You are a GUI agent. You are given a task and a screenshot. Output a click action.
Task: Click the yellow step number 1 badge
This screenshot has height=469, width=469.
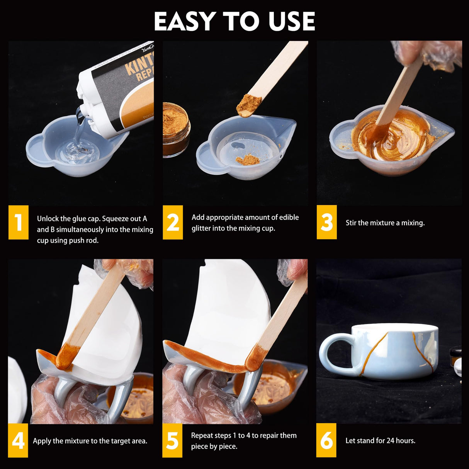coord(18,222)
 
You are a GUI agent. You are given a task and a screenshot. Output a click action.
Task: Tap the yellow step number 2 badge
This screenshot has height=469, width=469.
coord(173,222)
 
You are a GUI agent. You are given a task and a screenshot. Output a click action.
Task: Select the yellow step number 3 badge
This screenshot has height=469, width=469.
coord(326,222)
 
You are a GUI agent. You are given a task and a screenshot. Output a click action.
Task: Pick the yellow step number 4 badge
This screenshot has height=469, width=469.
coord(18,440)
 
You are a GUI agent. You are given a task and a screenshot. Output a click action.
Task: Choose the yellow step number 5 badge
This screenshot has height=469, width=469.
coord(172,440)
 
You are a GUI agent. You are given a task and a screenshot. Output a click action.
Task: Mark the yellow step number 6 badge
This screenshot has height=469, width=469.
coord(326,440)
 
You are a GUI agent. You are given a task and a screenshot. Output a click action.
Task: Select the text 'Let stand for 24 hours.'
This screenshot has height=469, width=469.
coord(380,440)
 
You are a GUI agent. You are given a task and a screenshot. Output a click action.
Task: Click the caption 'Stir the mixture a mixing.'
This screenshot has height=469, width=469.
coord(385,223)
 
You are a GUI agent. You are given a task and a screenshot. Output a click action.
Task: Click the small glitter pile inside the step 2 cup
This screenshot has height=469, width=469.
coord(248,159)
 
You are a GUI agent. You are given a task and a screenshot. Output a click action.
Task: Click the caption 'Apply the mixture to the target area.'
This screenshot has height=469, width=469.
coord(90,441)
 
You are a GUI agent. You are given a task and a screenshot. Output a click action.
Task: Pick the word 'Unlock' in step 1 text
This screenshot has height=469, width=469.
coord(48,219)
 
